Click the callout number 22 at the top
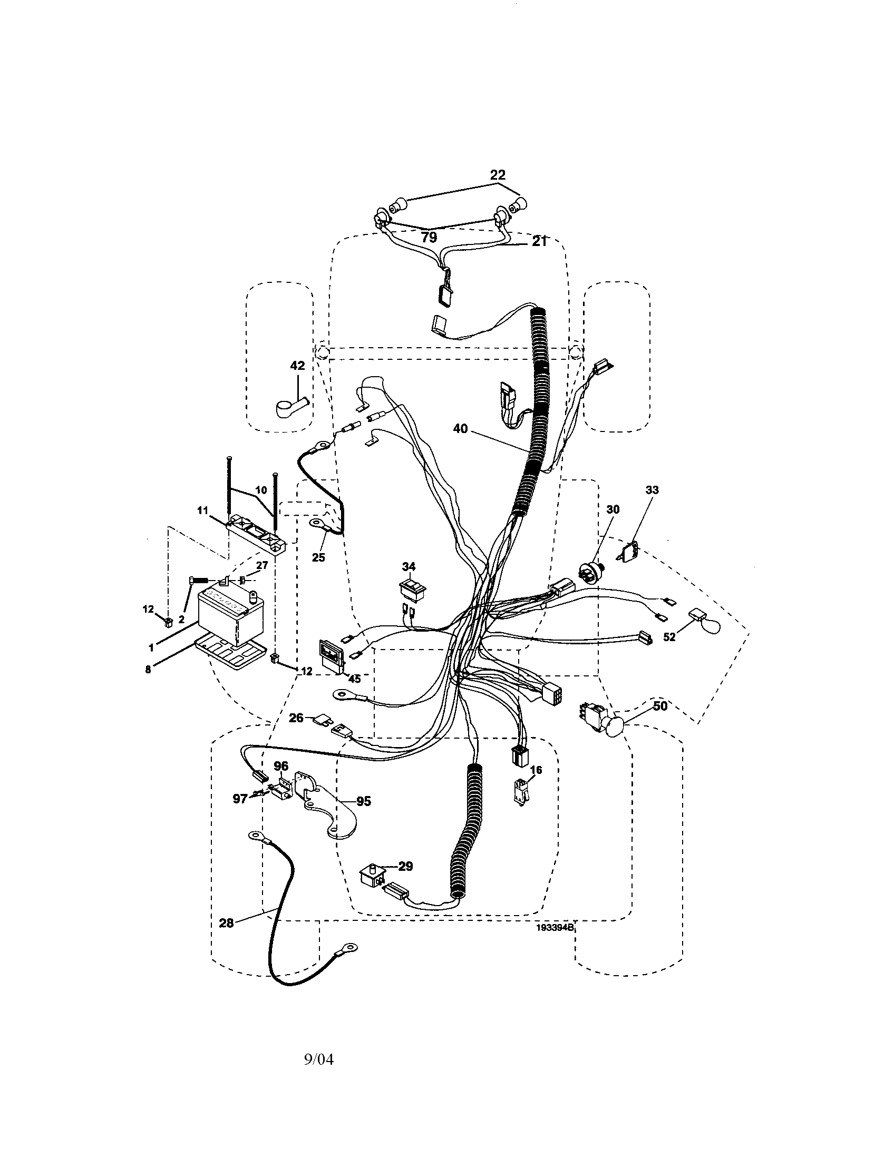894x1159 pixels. (498, 174)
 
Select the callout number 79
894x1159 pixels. (429, 237)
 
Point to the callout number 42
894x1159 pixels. (298, 366)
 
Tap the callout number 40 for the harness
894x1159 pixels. (460, 428)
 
